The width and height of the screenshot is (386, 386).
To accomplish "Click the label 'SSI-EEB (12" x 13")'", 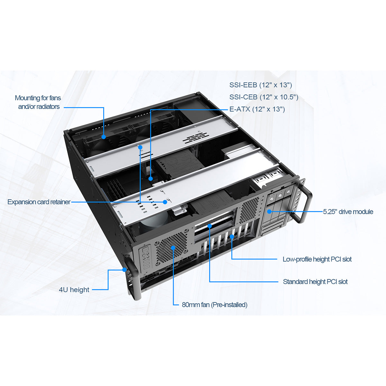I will pos(260,85).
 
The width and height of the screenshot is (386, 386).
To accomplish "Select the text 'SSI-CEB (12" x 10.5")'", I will pos(263,97).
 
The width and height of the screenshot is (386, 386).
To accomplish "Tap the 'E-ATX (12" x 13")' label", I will pos(257,109).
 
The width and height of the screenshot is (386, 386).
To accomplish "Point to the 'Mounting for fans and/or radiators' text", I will pos(38,102).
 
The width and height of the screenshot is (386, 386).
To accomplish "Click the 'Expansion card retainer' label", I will pos(39,202).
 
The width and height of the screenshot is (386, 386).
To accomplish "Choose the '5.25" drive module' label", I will pos(348,212).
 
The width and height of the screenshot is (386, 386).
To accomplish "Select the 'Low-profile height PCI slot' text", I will pos(317,259).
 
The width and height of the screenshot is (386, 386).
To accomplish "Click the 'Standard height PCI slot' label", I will pos(315,282).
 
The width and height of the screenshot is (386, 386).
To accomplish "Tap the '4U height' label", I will pos(74,290).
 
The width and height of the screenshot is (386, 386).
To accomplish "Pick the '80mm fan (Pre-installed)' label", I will pos(214,305).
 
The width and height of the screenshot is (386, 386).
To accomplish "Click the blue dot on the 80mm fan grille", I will pos(173,247).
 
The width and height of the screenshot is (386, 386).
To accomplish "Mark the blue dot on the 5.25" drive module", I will pos(269,211).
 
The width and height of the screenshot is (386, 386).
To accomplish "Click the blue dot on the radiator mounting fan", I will pos(104,137).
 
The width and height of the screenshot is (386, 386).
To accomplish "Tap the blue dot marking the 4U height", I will pos(124,270).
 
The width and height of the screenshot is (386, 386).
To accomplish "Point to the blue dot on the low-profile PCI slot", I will pos(232,237).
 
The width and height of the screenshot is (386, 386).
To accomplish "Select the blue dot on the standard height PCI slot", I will pos(209,226).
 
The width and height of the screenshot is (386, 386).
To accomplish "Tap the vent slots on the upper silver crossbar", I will pos(196,138).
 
